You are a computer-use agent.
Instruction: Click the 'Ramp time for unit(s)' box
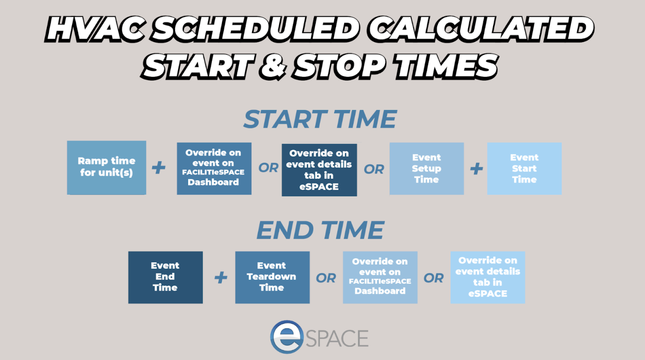tap(106, 168)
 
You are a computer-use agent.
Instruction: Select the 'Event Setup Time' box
tap(427, 169)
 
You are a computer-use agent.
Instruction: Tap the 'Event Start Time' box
tap(524, 169)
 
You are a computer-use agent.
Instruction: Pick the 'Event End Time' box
tap(166, 277)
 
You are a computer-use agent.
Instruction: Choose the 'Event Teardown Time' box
tap(273, 277)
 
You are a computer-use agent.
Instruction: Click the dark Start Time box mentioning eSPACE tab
tap(319, 170)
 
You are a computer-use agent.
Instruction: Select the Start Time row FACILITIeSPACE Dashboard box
tap(214, 169)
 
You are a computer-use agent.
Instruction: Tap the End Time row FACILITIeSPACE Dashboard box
tap(380, 277)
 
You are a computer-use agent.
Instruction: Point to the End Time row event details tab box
tap(488, 277)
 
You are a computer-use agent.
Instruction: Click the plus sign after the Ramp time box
tap(159, 168)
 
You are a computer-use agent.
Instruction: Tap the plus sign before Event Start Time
tap(476, 169)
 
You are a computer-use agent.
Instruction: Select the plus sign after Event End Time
tap(221, 278)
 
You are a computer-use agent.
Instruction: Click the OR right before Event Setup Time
tap(374, 169)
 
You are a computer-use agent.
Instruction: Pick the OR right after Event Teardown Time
tap(326, 278)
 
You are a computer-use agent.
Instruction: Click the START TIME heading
tap(320, 119)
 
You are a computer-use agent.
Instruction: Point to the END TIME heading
tap(320, 230)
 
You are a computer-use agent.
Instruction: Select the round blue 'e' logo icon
tap(287, 337)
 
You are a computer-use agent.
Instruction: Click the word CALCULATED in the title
tap(481, 29)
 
